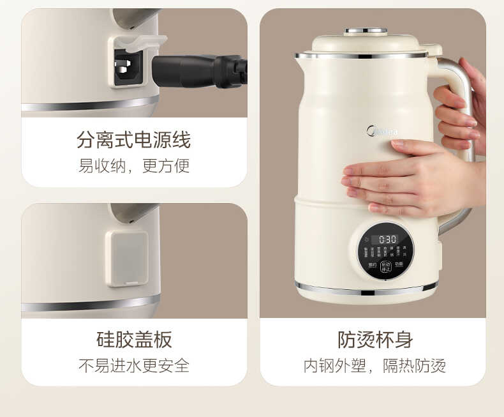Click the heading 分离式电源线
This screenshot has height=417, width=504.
coord(134,139)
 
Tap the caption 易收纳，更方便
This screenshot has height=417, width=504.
coord(134,166)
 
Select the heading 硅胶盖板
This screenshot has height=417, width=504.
coord(134,339)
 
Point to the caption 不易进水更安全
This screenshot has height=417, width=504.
coord(134,366)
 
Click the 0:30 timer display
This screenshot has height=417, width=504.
coord(389,239)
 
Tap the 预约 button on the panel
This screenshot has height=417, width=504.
coord(371,264)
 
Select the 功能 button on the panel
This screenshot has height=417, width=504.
coord(399,264)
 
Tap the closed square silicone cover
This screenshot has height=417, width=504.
coord(126,258)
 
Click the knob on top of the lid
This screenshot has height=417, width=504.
coord(366,31)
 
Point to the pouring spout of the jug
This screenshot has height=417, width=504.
coord(299,57)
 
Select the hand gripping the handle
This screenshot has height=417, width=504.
coord(463,109)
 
